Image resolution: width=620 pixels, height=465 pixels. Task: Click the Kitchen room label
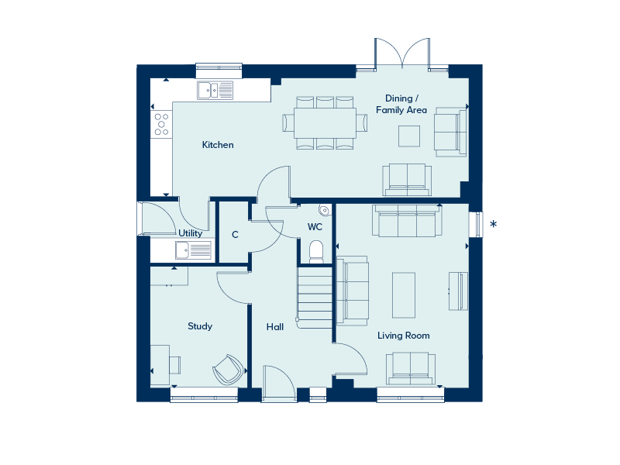click(x=218, y=145)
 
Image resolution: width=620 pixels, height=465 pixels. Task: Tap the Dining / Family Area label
click(x=401, y=104)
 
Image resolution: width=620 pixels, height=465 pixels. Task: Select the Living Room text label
click(x=403, y=336)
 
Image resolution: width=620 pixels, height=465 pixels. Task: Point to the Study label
click(x=200, y=326)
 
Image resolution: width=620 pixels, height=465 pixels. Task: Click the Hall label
click(x=275, y=327)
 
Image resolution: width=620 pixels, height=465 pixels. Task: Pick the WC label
click(x=315, y=227)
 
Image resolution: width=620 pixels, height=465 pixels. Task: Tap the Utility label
click(x=190, y=233)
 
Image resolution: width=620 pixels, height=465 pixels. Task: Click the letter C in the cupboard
click(x=235, y=235)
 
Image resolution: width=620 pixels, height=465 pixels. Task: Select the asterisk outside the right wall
click(x=493, y=224)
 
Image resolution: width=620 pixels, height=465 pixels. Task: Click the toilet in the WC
click(x=316, y=252)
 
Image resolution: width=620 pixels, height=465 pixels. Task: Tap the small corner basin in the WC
click(x=324, y=210)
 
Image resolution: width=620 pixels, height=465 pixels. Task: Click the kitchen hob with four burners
click(x=161, y=125)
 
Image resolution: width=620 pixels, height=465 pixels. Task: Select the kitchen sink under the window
click(x=215, y=90)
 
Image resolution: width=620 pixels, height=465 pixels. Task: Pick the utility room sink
click(x=193, y=250)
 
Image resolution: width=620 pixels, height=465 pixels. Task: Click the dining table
click(x=325, y=122)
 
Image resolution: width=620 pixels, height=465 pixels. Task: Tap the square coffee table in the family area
click(x=409, y=136)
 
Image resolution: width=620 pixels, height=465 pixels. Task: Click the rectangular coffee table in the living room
click(x=404, y=295)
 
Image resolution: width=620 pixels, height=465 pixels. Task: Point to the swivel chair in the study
click(x=228, y=370)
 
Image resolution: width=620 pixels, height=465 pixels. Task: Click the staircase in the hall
click(x=315, y=298)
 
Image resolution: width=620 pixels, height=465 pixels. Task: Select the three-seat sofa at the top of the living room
click(x=407, y=221)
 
